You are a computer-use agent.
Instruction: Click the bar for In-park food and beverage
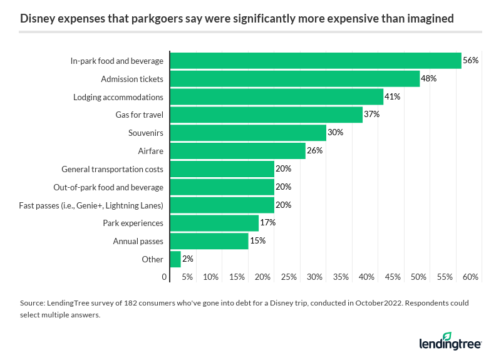pos(316,61)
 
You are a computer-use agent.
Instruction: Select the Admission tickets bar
pos(295,79)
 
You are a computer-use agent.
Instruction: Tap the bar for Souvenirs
pos(248,133)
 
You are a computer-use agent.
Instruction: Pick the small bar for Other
pos(175,259)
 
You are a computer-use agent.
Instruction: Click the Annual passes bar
pos(209,241)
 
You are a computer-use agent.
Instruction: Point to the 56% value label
pos(470,61)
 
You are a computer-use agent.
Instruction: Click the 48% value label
pos(428,79)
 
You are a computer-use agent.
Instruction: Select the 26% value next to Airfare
pos(314,151)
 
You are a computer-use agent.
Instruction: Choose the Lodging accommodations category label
pos(118,97)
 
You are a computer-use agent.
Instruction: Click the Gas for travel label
pos(139,115)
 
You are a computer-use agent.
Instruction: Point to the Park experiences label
pos(133,223)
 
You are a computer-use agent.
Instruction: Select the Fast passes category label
pos(91,205)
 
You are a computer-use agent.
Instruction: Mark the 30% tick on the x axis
pos(314,277)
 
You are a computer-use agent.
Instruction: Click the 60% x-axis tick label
pos(470,277)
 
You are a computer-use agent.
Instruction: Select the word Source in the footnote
pos(32,303)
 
